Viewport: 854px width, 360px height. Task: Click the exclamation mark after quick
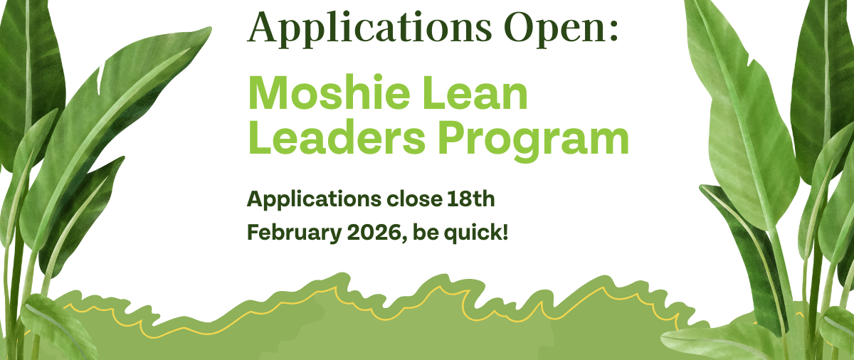click(x=505, y=232)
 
